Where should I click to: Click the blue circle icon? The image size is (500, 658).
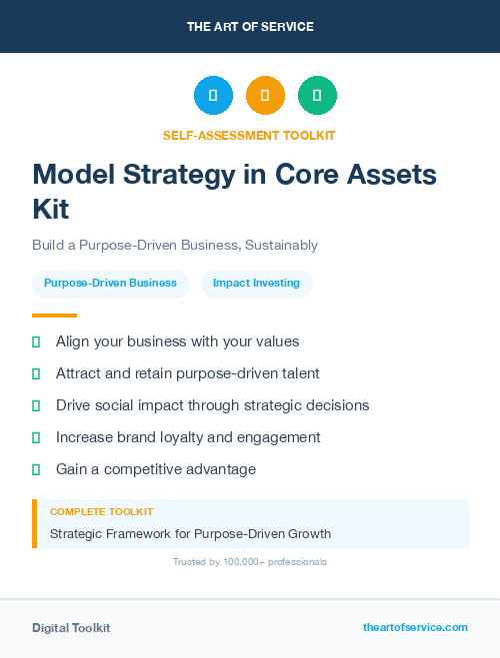coord(213,96)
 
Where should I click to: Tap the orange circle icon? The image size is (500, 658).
coord(265,96)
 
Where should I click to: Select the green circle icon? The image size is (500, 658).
coord(317,96)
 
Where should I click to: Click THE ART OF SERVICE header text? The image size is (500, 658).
coord(250,26)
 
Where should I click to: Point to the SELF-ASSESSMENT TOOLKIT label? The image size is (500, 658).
coord(250,135)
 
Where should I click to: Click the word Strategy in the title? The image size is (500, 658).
coord(190,175)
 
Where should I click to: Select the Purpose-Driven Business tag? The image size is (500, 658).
coord(110,283)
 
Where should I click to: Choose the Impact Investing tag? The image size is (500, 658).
coord(256,283)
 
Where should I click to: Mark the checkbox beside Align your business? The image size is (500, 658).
coord(36,341)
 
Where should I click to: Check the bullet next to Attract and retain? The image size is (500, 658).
coord(36,373)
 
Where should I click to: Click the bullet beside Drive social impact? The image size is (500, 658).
coord(36,405)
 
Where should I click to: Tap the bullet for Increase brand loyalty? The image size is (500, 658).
coord(36,437)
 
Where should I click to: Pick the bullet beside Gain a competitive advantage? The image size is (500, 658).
coord(36,469)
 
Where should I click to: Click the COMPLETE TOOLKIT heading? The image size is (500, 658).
coord(101,511)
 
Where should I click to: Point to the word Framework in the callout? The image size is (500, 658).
coord(139,533)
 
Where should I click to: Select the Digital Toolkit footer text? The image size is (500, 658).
coord(71,628)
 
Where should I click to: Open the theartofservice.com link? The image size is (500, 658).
coord(415,627)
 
